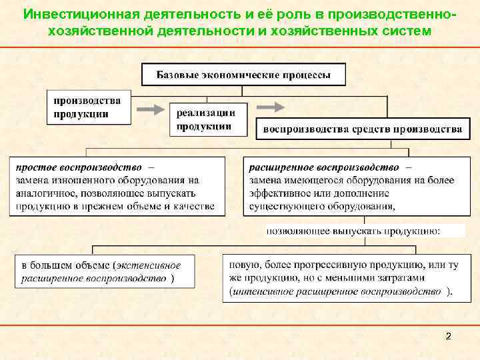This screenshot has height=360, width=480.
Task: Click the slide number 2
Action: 448,336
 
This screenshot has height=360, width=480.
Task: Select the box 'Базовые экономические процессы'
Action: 243,75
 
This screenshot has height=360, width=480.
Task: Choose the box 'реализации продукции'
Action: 207,119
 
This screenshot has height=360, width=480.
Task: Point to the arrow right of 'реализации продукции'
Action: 270,107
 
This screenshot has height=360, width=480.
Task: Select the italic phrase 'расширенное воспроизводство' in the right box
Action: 324,167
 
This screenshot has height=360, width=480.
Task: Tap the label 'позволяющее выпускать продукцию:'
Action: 353,231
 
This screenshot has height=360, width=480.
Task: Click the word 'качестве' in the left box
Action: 193,207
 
